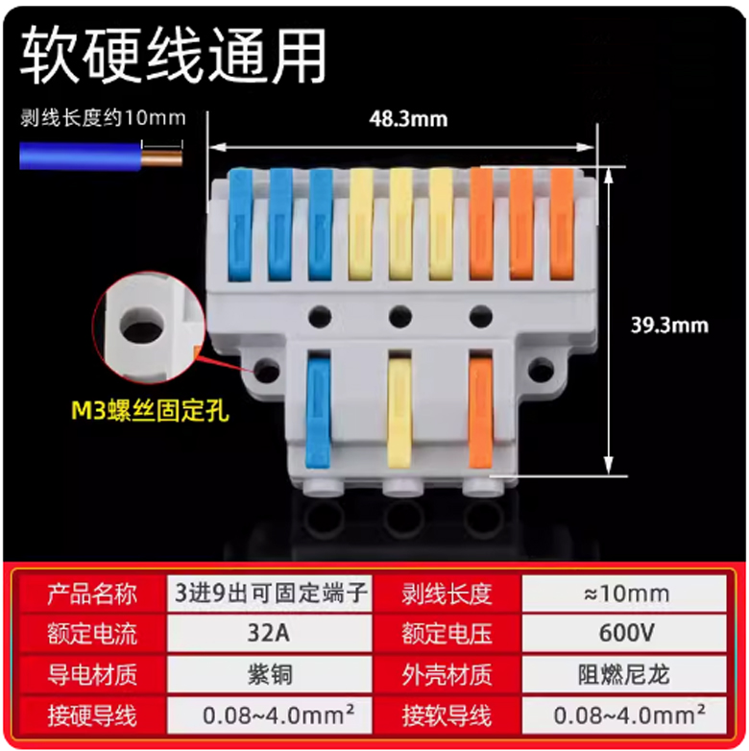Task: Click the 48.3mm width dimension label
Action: (408, 119)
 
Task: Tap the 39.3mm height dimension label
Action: (669, 326)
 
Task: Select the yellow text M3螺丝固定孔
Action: (150, 411)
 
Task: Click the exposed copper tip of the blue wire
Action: (162, 157)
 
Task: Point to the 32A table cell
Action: (269, 634)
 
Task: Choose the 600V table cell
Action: (624, 634)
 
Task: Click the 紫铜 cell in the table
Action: (269, 675)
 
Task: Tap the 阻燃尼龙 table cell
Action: (624, 675)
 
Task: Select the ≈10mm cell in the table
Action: (624, 594)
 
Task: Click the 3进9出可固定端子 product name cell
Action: (269, 594)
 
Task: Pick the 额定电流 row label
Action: (92, 634)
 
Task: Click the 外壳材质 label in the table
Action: (447, 675)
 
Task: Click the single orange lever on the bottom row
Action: (480, 411)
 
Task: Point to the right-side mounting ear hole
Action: (542, 371)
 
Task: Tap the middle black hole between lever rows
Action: (400, 317)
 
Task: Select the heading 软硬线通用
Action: (174, 55)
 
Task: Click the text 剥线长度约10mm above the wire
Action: (103, 118)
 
